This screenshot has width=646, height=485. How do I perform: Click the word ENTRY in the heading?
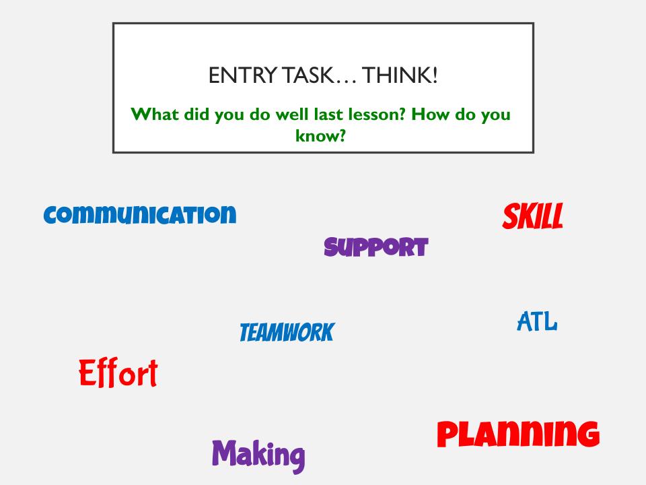243,75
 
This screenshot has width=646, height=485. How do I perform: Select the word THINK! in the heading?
400,75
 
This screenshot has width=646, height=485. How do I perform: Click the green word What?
155,114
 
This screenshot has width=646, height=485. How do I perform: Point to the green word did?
196,114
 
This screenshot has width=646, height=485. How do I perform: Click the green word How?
430,114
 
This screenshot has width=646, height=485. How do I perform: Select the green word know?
320,135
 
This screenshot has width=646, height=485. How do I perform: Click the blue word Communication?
140,215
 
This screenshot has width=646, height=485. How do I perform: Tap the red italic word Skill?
533,216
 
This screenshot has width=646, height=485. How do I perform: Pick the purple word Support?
376,247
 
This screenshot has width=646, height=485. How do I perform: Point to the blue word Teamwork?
287,332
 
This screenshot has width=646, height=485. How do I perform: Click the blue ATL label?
537,322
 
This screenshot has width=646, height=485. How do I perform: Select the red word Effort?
118,373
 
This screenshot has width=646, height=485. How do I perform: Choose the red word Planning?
518,434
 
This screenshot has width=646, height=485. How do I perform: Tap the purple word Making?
258,456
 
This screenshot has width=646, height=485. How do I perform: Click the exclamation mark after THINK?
434,75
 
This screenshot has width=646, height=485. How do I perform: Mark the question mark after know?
342,135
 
